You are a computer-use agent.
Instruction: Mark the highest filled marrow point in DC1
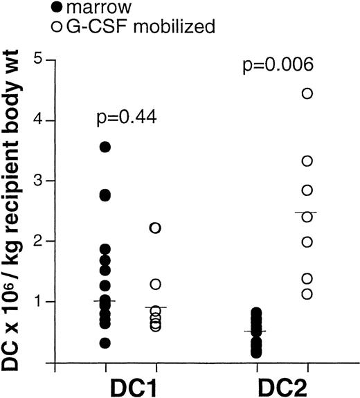pyautogui.click(x=105, y=147)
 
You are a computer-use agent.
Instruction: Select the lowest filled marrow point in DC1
pyautogui.click(x=105, y=343)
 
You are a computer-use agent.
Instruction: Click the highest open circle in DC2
pyautogui.click(x=308, y=93)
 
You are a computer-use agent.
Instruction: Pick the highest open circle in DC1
pyautogui.click(x=156, y=228)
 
